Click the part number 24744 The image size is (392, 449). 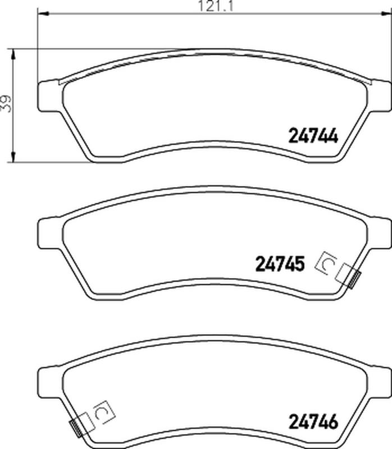313,135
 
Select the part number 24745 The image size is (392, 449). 280,264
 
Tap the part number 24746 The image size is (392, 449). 313,422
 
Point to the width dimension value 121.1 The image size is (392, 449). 216,6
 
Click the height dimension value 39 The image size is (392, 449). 6,103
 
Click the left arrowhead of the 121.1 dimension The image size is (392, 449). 44,13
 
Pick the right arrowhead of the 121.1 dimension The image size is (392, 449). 385,13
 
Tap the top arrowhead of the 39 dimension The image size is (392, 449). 13,54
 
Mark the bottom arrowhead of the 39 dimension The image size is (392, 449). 13,157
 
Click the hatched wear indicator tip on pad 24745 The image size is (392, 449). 355,280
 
